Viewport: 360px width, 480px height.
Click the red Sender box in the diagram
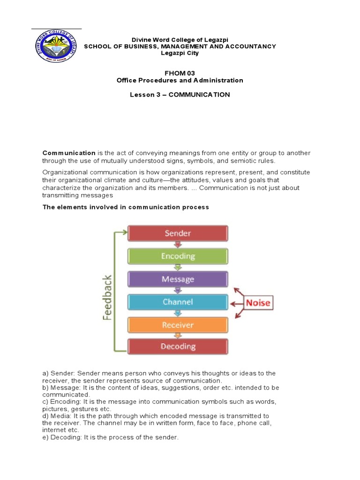[178, 233]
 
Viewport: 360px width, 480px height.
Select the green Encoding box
[178, 256]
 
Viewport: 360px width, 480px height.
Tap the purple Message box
[178, 279]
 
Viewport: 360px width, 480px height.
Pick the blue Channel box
[178, 302]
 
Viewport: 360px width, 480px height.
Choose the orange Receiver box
[178, 324]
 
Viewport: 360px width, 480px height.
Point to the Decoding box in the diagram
[178, 346]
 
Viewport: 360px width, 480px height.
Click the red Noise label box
[258, 302]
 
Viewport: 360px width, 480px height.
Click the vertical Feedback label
[107, 297]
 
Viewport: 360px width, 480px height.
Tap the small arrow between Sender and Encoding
[178, 244]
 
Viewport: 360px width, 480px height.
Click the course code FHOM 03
[180, 73]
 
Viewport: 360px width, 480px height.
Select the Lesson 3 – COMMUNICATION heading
[180, 95]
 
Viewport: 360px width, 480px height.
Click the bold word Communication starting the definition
[69, 153]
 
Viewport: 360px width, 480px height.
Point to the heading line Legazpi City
[180, 53]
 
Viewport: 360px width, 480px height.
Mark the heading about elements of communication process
[126, 207]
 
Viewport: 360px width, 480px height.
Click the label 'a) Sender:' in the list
[59, 373]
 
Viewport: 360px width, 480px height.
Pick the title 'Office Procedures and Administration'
[180, 80]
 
